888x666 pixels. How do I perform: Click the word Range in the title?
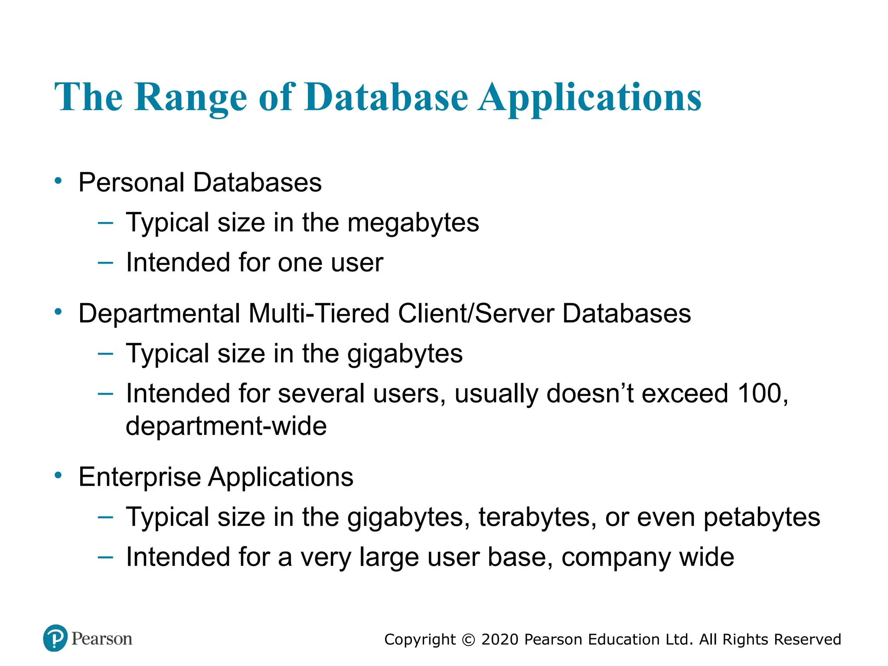191,97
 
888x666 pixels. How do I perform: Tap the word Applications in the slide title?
590,97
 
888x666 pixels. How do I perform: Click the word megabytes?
413,223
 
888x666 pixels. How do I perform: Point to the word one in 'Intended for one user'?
300,263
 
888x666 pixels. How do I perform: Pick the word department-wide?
226,426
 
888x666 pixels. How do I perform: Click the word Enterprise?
140,477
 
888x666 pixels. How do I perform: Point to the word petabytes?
762,517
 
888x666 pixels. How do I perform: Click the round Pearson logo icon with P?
55,638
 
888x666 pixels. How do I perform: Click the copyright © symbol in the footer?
469,640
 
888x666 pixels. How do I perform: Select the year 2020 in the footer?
500,640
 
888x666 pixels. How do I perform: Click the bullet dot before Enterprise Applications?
58,476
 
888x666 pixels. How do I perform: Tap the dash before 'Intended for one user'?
105,262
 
